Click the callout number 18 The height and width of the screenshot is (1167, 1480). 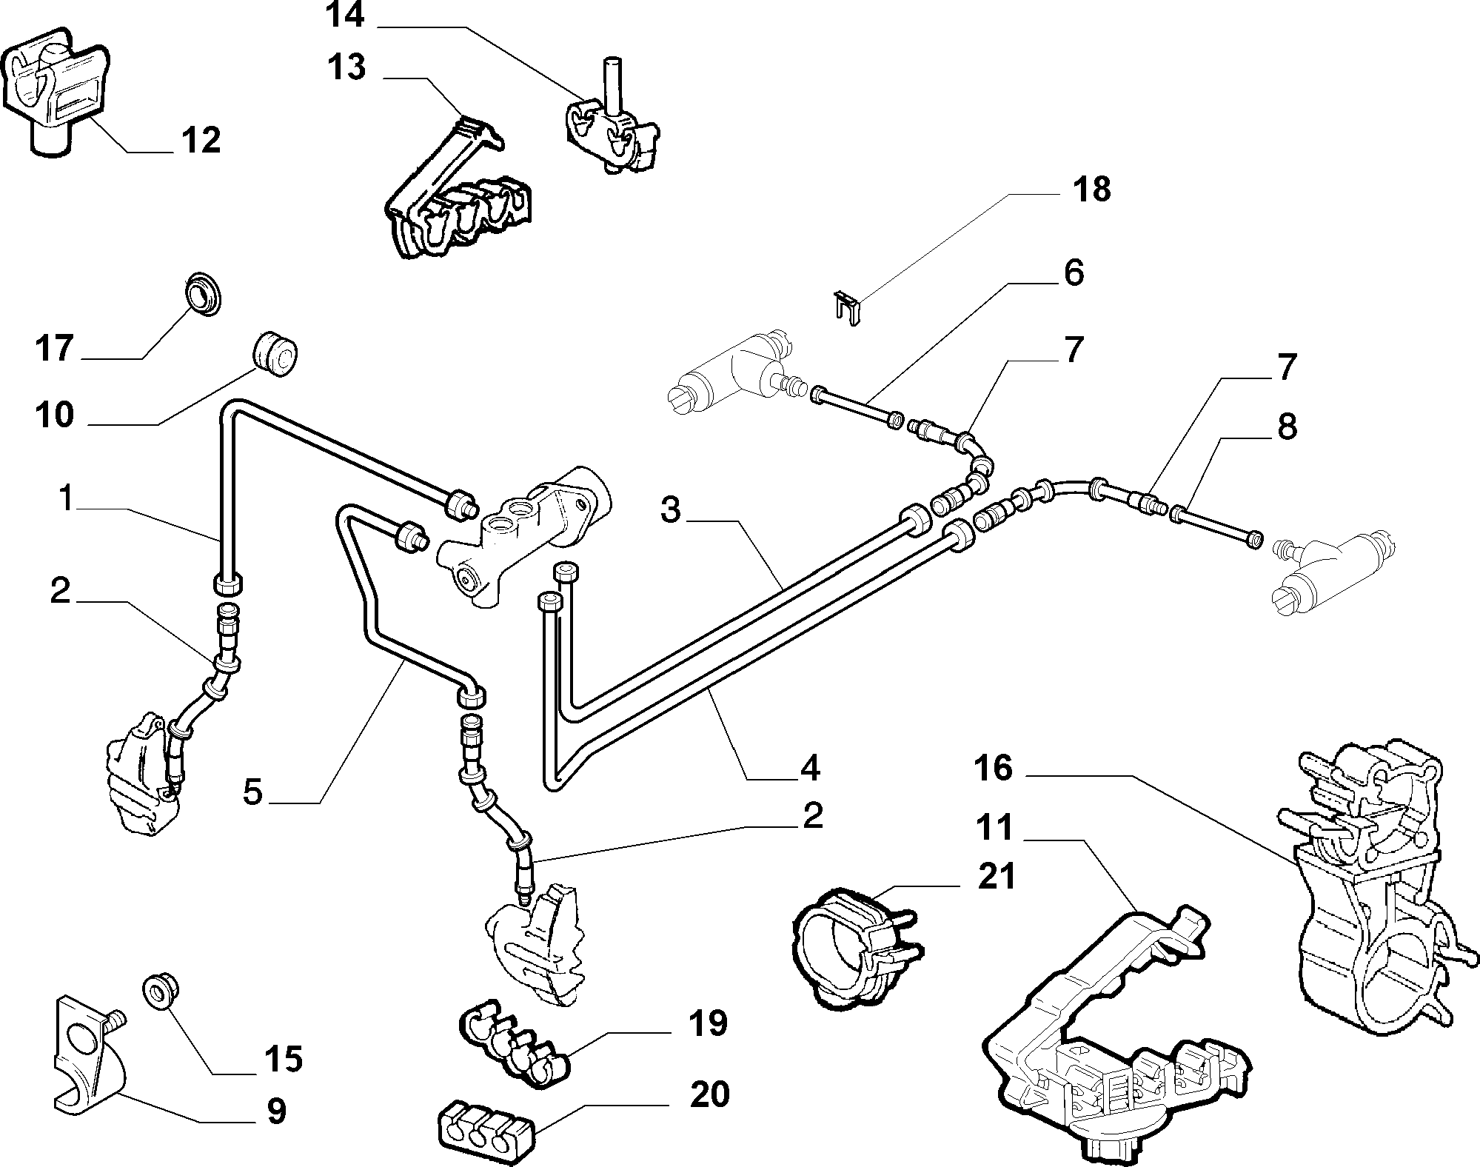(1091, 190)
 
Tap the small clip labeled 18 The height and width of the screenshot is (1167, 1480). (848, 308)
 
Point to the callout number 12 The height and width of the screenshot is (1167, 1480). (201, 139)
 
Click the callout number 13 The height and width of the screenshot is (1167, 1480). (346, 68)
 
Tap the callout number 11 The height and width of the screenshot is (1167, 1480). (993, 828)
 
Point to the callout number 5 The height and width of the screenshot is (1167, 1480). (252, 792)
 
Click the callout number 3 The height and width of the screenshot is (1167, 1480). (670, 510)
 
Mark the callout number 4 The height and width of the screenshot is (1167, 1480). (810, 768)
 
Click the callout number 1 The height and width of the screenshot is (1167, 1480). (66, 499)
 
